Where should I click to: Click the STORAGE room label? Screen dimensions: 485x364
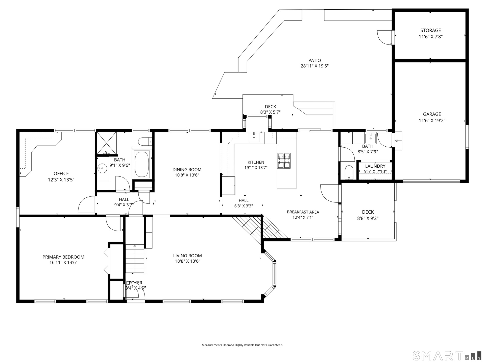click(430, 30)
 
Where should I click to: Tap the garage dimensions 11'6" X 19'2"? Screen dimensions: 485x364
click(432, 121)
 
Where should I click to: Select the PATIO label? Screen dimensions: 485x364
click(314, 60)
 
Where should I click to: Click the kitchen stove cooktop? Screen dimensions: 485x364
click(284, 161)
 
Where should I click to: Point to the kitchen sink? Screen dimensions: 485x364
click(254, 137)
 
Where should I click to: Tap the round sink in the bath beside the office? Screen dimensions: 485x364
click(102, 168)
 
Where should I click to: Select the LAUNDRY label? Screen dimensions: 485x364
click(375, 166)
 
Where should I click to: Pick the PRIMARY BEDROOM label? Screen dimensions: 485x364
click(63, 257)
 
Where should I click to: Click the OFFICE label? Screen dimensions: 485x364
click(61, 173)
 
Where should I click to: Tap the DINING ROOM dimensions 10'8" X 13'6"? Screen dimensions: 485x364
click(187, 175)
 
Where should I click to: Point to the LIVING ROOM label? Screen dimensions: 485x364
click(187, 256)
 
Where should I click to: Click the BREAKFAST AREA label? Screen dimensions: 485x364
click(303, 212)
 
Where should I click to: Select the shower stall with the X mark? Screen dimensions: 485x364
click(107, 143)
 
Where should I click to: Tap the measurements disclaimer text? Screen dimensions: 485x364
click(242, 345)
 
